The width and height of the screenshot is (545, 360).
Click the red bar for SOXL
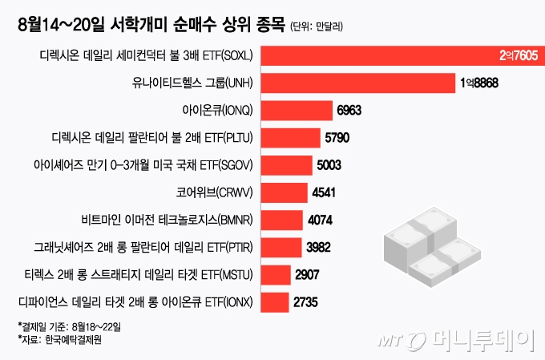pyautogui.click(x=377, y=56)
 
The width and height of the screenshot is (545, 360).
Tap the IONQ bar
pyautogui.click(x=297, y=111)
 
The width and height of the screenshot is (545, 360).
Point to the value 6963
pyautogui.click(x=352, y=111)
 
